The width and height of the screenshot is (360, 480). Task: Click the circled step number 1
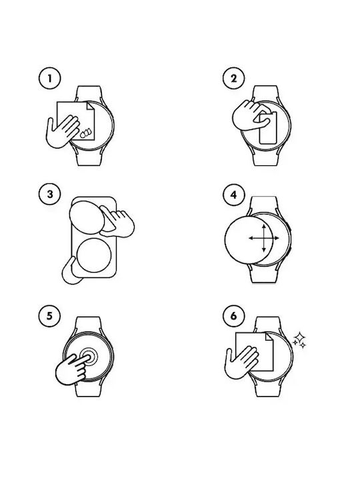coord(49,79)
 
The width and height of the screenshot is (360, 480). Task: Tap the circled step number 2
coord(233,79)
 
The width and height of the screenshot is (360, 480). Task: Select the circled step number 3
coord(50,195)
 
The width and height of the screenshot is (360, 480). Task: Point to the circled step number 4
coord(234,195)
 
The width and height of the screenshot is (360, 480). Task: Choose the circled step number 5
coord(49,315)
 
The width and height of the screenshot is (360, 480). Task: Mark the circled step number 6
coord(233,315)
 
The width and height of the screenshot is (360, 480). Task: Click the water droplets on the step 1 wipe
coord(85,133)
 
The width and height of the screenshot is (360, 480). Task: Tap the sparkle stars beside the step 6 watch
coord(299,340)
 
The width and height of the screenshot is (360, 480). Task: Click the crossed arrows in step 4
coord(264,238)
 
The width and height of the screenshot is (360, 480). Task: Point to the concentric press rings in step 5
coord(89,357)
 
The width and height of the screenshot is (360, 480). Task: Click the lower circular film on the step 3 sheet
coord(94,255)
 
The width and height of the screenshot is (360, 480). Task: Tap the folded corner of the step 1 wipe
coord(91,106)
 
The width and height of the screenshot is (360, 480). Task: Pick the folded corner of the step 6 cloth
coord(269,337)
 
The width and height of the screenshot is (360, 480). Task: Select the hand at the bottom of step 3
coord(70,271)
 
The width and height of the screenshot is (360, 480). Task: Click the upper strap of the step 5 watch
coord(88,325)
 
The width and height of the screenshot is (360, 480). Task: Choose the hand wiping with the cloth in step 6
coord(241,363)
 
